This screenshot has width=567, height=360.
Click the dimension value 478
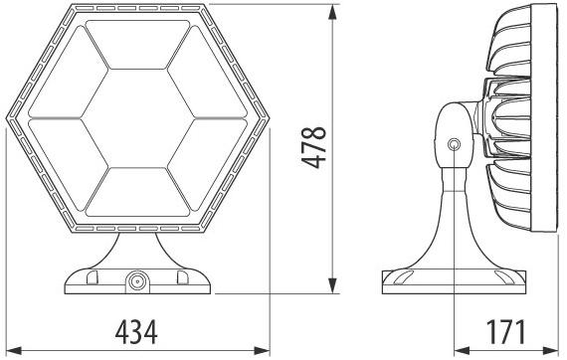pyautogui.click(x=315, y=148)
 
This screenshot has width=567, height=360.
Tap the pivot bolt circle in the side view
pyautogui.click(x=454, y=145)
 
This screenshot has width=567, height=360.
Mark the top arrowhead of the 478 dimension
pyautogui.click(x=332, y=8)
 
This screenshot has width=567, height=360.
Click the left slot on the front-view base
pyautogui.click(x=94, y=278)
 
